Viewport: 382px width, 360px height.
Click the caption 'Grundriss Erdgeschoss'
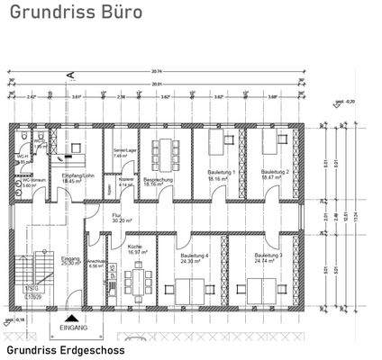(65, 350)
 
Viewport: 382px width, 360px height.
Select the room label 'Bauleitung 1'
(221, 172)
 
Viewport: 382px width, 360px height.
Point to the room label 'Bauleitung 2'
(273, 172)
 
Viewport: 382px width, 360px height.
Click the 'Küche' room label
(137, 249)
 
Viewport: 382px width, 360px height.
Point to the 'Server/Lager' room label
(124, 152)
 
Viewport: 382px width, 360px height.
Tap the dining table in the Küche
(138, 283)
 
